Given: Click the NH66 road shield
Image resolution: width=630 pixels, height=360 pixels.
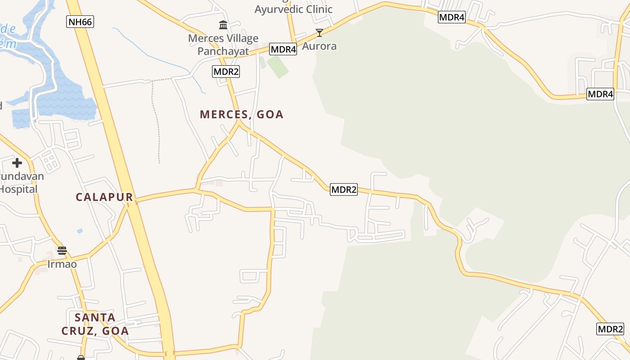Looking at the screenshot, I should tap(80, 21).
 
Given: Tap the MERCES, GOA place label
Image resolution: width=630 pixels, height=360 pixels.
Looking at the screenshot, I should tap(242, 114).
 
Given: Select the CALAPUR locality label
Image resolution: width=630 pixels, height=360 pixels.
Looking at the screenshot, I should tap(104, 197).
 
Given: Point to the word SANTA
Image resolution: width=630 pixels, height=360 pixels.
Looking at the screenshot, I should tap(95, 317).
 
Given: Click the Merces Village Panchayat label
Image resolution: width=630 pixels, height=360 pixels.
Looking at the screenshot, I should tap(223, 45).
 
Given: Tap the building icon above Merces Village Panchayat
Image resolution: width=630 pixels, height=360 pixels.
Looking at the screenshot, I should tap(223, 25).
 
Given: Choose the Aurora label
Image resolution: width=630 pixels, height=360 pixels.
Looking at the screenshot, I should tap(319, 46).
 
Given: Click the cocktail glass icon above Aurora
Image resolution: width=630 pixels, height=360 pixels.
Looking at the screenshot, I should tap(319, 32).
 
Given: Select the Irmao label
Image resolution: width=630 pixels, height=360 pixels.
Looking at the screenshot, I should tap(62, 264).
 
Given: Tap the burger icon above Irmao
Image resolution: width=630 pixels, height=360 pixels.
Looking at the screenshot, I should tap(62, 250).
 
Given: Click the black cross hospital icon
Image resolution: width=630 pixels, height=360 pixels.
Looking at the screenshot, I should tap(17, 162).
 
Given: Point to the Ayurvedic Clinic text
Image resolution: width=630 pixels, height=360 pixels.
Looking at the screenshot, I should tap(293, 9).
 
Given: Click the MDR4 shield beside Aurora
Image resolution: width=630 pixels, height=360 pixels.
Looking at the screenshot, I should tap(283, 49).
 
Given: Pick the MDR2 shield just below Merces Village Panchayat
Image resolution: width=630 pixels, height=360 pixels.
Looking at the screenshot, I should tap(226, 71).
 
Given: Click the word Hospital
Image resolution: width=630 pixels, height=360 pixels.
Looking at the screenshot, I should tap(18, 189).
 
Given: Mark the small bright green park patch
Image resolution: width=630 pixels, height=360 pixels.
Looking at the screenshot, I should tap(277, 67).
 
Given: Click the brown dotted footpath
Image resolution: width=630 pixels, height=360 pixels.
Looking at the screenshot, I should tap(157, 121).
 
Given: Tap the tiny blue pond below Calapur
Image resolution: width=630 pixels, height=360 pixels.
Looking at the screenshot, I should tap(80, 231).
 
